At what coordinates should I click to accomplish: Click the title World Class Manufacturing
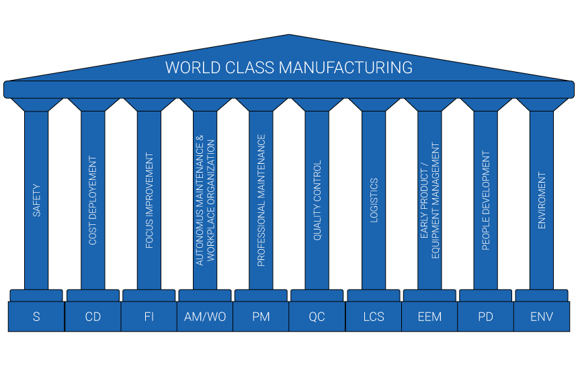tap(288, 67)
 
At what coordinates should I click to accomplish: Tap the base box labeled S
tap(36, 316)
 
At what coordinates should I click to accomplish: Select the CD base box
tap(93, 316)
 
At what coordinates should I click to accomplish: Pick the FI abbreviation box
tap(149, 316)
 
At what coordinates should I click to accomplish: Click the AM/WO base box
tap(205, 316)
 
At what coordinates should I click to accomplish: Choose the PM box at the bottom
tap(261, 316)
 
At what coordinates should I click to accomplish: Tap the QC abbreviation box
tap(317, 316)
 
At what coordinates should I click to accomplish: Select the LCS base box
tap(374, 316)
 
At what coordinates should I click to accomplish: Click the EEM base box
tap(429, 316)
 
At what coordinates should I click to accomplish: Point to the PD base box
tap(486, 316)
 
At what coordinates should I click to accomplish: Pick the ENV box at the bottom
tap(542, 316)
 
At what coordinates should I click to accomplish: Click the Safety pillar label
tap(36, 200)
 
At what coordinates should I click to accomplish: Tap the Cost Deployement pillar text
tap(93, 200)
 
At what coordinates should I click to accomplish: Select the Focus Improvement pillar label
tap(149, 201)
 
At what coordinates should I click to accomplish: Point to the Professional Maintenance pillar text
tap(261, 200)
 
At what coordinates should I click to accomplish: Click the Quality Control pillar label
tap(317, 200)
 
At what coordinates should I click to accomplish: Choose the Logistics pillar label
tap(374, 200)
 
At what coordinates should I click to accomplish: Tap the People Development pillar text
tap(486, 200)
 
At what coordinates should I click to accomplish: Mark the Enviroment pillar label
tap(542, 200)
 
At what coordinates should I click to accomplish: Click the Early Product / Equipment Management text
tap(429, 200)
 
